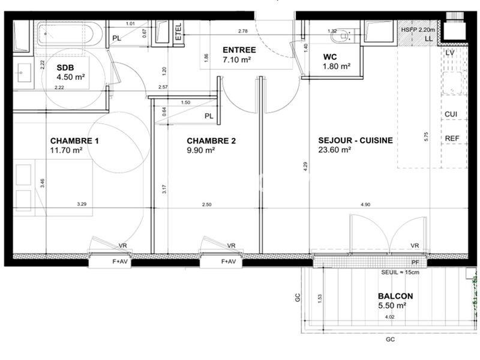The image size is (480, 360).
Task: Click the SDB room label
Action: (66, 67)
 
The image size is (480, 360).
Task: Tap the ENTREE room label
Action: (239, 50)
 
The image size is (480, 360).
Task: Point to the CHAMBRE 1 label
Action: (74, 141)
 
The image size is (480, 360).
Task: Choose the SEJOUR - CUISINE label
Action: (355, 140)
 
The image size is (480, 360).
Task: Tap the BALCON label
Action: (395, 296)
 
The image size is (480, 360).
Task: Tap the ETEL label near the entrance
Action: (178, 32)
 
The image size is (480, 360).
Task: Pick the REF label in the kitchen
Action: (452, 139)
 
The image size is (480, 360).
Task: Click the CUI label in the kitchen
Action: (451, 114)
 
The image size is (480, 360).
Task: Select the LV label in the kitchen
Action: (451, 53)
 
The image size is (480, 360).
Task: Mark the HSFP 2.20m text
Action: (418, 29)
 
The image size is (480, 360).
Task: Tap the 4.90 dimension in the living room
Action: (365, 205)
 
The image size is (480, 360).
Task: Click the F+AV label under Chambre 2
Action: (229, 262)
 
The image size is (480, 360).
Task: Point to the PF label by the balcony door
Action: (415, 262)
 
